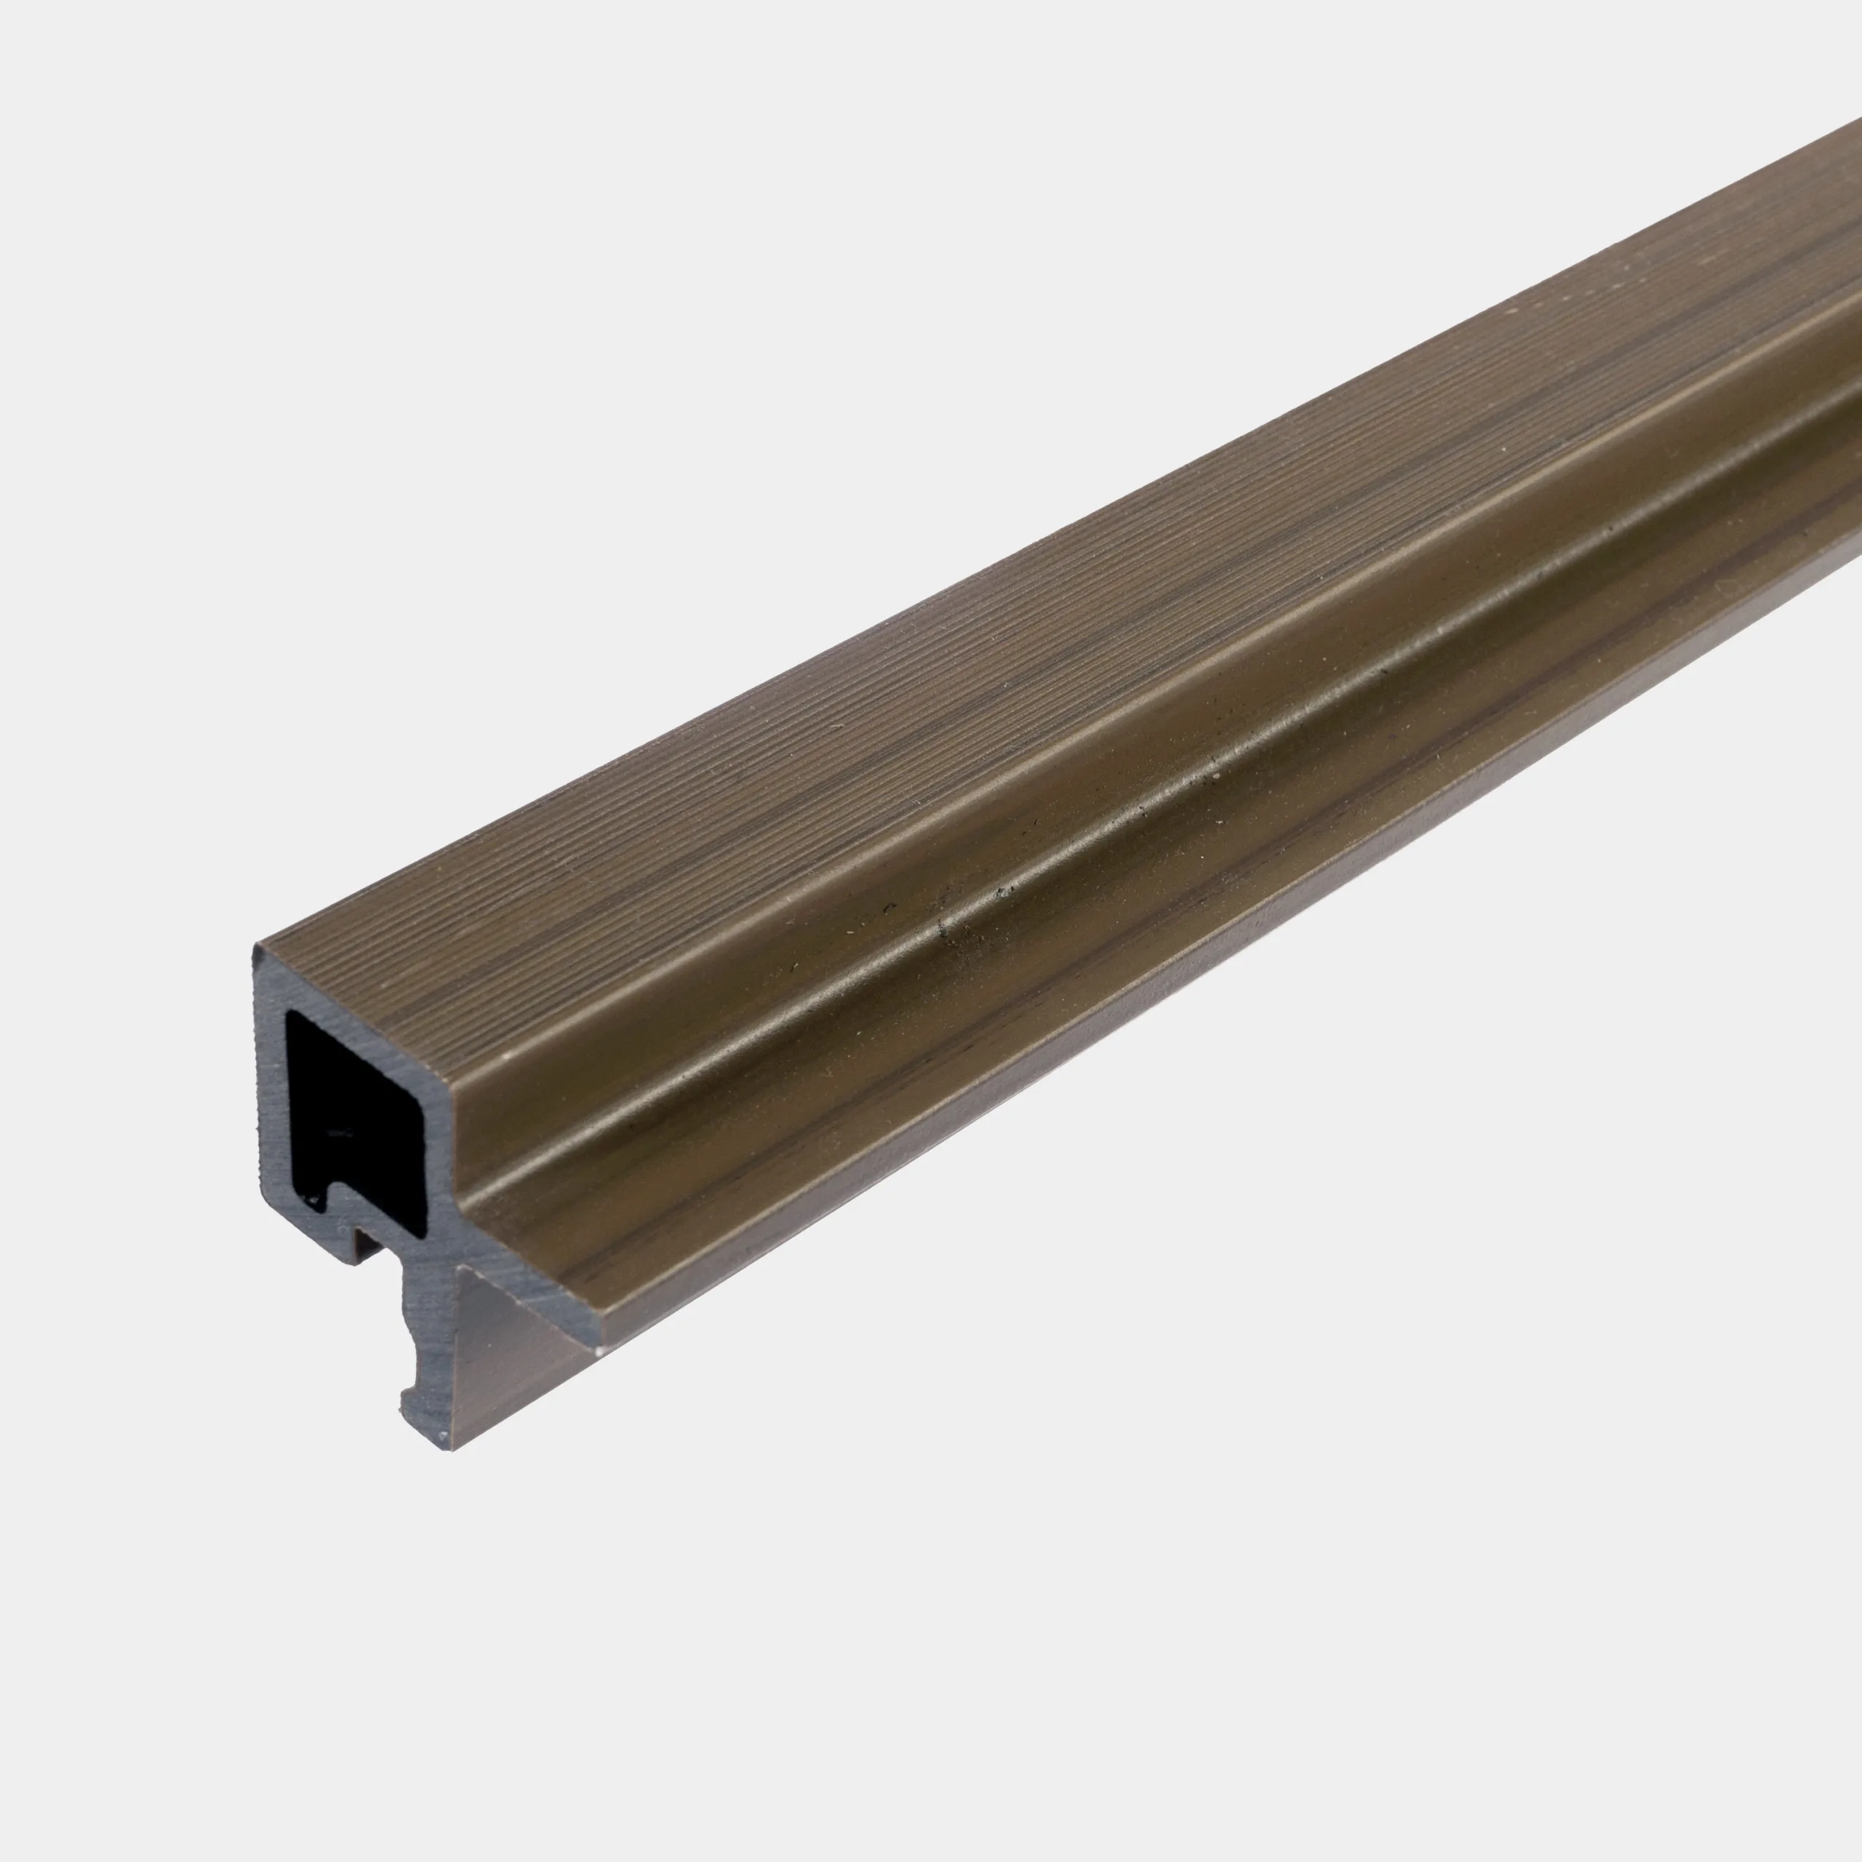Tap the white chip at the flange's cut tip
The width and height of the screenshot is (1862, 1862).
(599, 1351)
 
